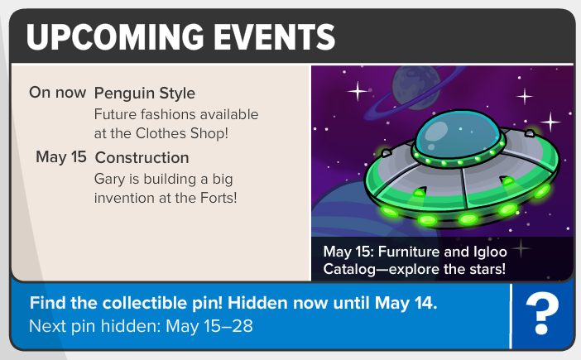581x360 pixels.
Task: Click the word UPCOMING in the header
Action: [x=115, y=36]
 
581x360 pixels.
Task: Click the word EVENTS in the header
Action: [x=274, y=36]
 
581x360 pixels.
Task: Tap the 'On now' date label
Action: [x=57, y=92]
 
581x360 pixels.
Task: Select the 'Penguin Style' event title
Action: [x=145, y=94]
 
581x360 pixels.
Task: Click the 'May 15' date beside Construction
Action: [x=61, y=157]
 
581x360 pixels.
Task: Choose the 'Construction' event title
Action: [x=142, y=158]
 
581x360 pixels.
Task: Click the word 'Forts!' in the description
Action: [x=218, y=198]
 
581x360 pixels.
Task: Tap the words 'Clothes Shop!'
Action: [x=181, y=133]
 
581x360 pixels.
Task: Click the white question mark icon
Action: [x=542, y=314]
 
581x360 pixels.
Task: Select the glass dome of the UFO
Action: [x=458, y=133]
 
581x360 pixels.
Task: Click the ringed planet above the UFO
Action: [x=415, y=89]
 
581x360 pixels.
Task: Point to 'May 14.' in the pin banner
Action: [x=406, y=303]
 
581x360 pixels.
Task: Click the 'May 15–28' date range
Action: [x=209, y=326]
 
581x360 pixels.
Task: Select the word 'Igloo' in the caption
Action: [x=490, y=252]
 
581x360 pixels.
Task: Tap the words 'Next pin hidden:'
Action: [x=95, y=326]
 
